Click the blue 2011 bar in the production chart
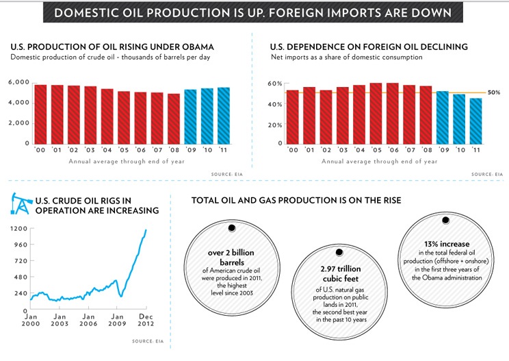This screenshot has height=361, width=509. click(x=224, y=116)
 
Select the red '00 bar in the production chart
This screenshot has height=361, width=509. click(x=40, y=114)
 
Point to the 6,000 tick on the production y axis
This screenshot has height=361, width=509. click(x=18, y=83)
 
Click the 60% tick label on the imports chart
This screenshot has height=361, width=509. click(x=275, y=84)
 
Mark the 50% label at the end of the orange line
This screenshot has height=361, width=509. click(x=495, y=92)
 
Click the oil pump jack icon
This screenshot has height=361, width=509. click(x=20, y=204)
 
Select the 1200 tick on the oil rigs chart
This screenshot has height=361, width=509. click(x=18, y=229)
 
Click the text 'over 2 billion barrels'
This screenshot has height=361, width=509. click(x=231, y=257)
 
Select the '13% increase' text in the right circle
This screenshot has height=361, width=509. click(x=445, y=243)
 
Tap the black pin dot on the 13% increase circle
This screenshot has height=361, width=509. click(x=445, y=221)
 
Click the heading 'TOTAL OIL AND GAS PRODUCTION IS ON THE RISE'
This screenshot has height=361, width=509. click(x=296, y=200)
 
